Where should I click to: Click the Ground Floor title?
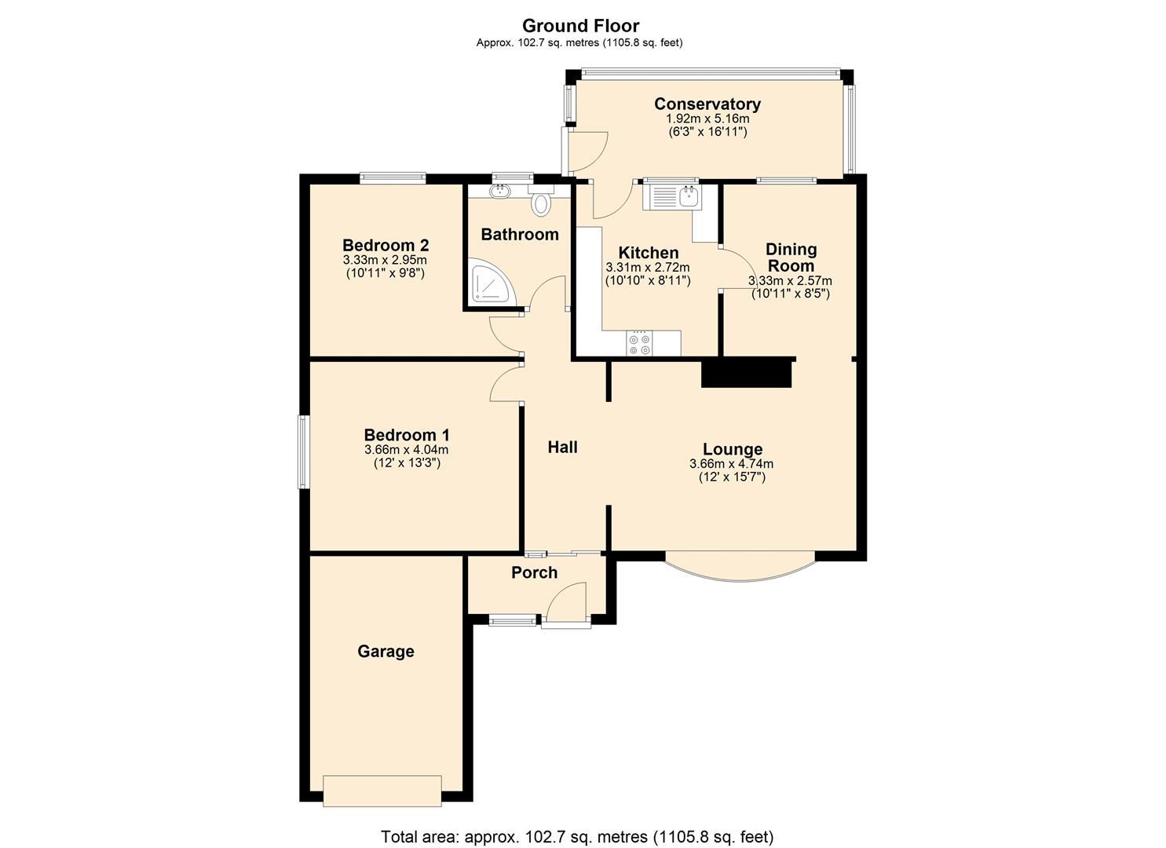(x=580, y=26)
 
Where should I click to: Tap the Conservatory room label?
(x=707, y=104)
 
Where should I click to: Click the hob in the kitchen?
(x=639, y=343)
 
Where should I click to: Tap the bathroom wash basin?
(x=499, y=190)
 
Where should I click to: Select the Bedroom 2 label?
(x=385, y=245)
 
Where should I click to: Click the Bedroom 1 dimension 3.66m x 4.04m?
(x=406, y=450)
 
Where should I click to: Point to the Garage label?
(x=386, y=651)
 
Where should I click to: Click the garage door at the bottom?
(x=382, y=791)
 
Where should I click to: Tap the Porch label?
(x=534, y=572)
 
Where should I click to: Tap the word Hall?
(x=562, y=447)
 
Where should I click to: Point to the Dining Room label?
(x=791, y=258)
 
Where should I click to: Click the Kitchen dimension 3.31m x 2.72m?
(x=647, y=268)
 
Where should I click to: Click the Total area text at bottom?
(x=577, y=836)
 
